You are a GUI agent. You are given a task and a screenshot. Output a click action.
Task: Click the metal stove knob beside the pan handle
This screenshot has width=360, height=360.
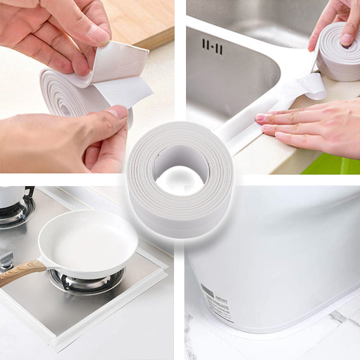pyautogui.click(x=6, y=259)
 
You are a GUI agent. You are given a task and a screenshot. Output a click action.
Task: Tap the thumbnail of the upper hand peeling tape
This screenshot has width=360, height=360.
pyautogui.click(x=98, y=34)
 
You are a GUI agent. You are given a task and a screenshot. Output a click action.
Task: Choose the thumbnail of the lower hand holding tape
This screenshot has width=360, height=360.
pyautogui.click(x=116, y=112)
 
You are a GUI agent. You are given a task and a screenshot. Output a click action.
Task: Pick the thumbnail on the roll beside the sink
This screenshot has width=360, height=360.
pyautogui.click(x=347, y=39)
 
